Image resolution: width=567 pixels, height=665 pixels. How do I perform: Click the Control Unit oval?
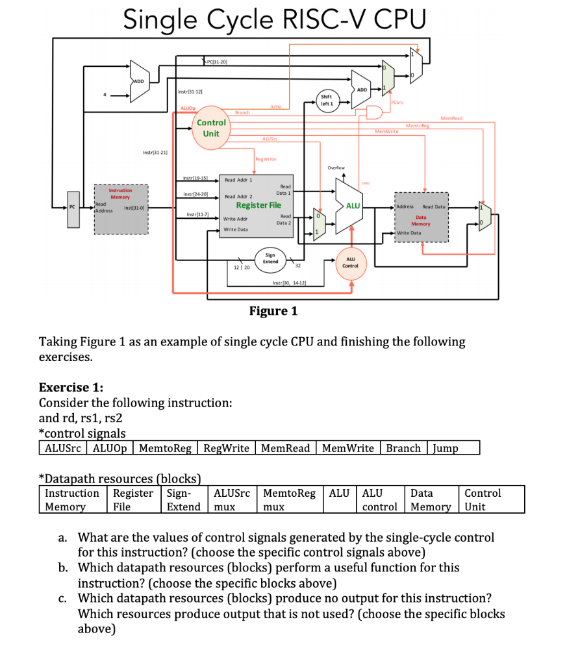(x=211, y=128)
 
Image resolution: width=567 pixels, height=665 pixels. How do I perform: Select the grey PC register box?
(x=73, y=209)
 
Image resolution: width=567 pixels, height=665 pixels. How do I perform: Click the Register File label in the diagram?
(x=258, y=205)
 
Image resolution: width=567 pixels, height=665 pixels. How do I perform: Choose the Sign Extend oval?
(x=270, y=258)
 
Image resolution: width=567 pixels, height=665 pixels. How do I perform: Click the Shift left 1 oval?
(x=327, y=99)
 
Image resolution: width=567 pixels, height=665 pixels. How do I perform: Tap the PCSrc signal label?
(x=399, y=103)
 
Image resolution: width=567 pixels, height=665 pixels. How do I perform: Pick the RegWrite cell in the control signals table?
(x=226, y=448)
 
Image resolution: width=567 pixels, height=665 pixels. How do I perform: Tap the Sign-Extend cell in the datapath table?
(x=184, y=500)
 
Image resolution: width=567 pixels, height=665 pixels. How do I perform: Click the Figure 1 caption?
(x=273, y=310)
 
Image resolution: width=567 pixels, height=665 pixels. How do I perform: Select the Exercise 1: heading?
(x=71, y=388)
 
